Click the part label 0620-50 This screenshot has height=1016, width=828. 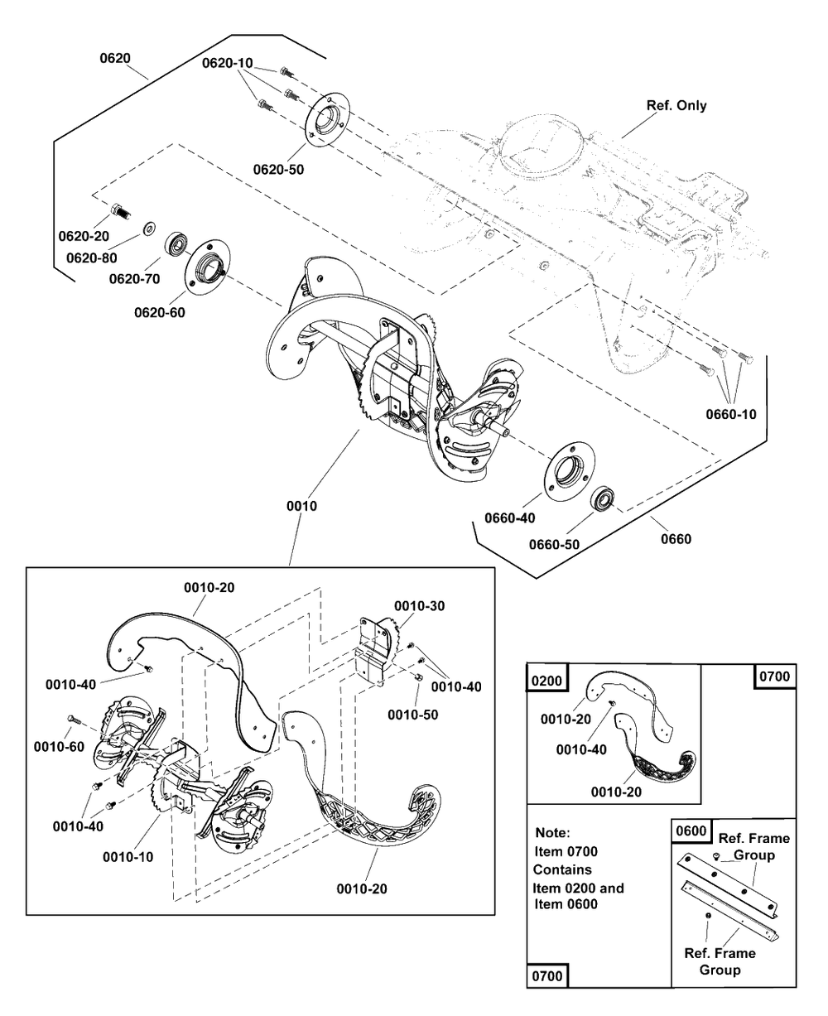point(277,169)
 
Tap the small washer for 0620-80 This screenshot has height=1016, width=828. point(149,226)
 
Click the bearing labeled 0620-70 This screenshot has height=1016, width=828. point(176,244)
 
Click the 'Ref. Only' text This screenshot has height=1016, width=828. point(676,106)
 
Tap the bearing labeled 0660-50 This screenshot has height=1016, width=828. point(603,499)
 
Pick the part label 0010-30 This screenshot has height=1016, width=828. point(419,606)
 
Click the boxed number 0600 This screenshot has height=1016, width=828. point(691,831)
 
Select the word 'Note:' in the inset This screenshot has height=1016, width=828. point(552,834)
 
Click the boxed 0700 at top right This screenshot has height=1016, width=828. point(774,677)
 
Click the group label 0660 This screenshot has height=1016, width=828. point(675,539)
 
